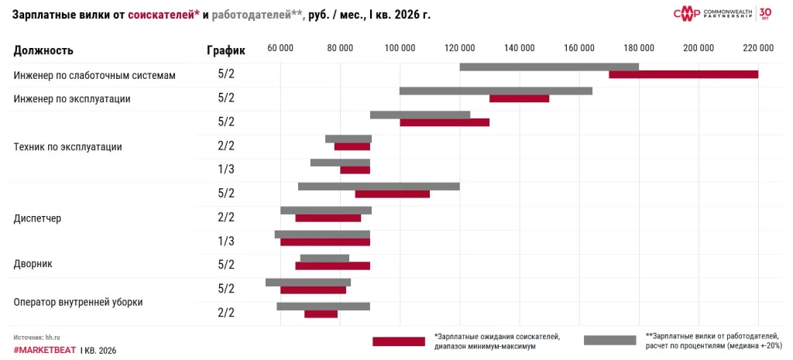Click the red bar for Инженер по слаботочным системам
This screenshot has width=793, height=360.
pyautogui.click(x=683, y=74)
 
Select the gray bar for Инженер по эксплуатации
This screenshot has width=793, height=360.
pyautogui.click(x=496, y=91)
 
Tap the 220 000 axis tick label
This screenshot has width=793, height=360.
pyautogui.click(x=758, y=48)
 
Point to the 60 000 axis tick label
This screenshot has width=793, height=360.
pyautogui.click(x=280, y=48)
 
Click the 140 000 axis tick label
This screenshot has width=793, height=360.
pyautogui.click(x=520, y=48)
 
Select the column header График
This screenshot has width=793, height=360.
pyautogui.click(x=225, y=50)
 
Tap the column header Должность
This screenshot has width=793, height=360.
pyautogui.click(x=43, y=50)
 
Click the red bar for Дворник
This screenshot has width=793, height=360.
pyautogui.click(x=332, y=266)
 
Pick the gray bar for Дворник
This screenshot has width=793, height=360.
pyautogui.click(x=324, y=258)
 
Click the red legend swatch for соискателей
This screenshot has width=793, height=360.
pyautogui.click(x=398, y=341)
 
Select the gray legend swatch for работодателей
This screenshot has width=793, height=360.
pyautogui.click(x=609, y=340)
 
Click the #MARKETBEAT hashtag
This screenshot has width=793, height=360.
pyautogui.click(x=44, y=351)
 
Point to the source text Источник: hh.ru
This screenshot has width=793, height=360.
pyautogui.click(x=37, y=338)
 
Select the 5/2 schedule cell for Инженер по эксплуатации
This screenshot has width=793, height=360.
pyautogui.click(x=225, y=98)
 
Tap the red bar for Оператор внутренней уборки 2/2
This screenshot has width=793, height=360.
pyautogui.click(x=321, y=314)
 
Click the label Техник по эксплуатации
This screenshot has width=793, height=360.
pyautogui.click(x=67, y=146)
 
